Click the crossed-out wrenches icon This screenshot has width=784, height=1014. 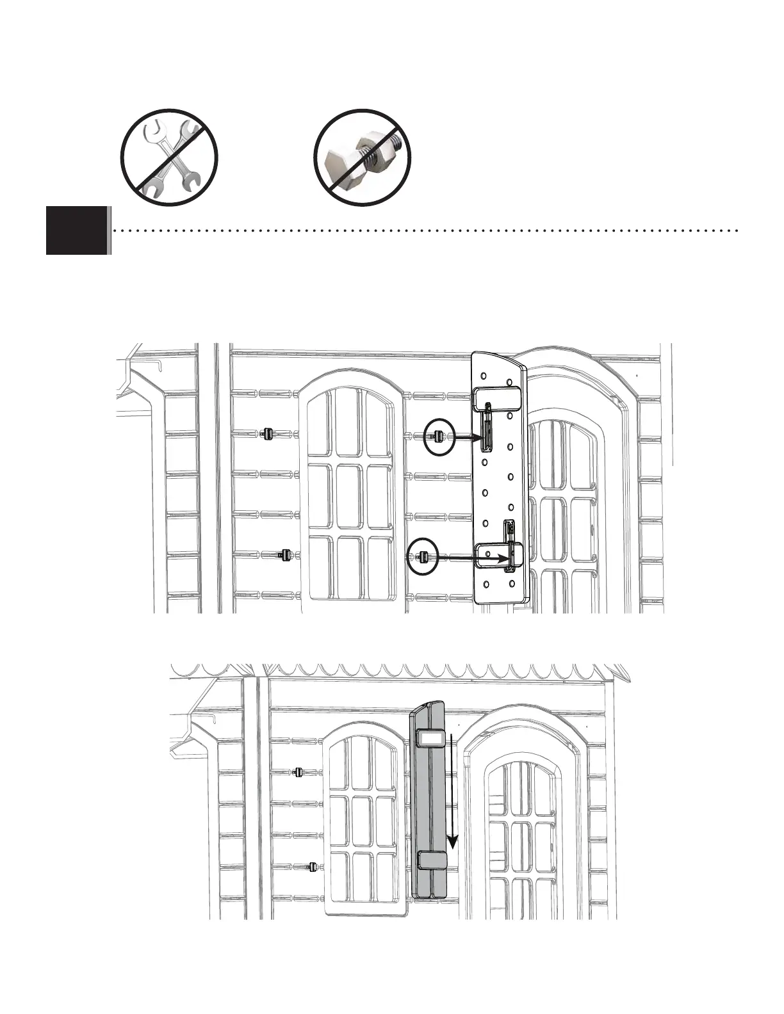click(x=170, y=157)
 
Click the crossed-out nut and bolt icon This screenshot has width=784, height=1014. click(x=362, y=157)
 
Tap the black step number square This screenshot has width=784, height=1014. click(x=77, y=230)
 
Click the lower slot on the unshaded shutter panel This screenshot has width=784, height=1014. click(x=510, y=544)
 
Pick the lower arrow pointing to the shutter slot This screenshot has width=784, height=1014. click(x=471, y=558)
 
